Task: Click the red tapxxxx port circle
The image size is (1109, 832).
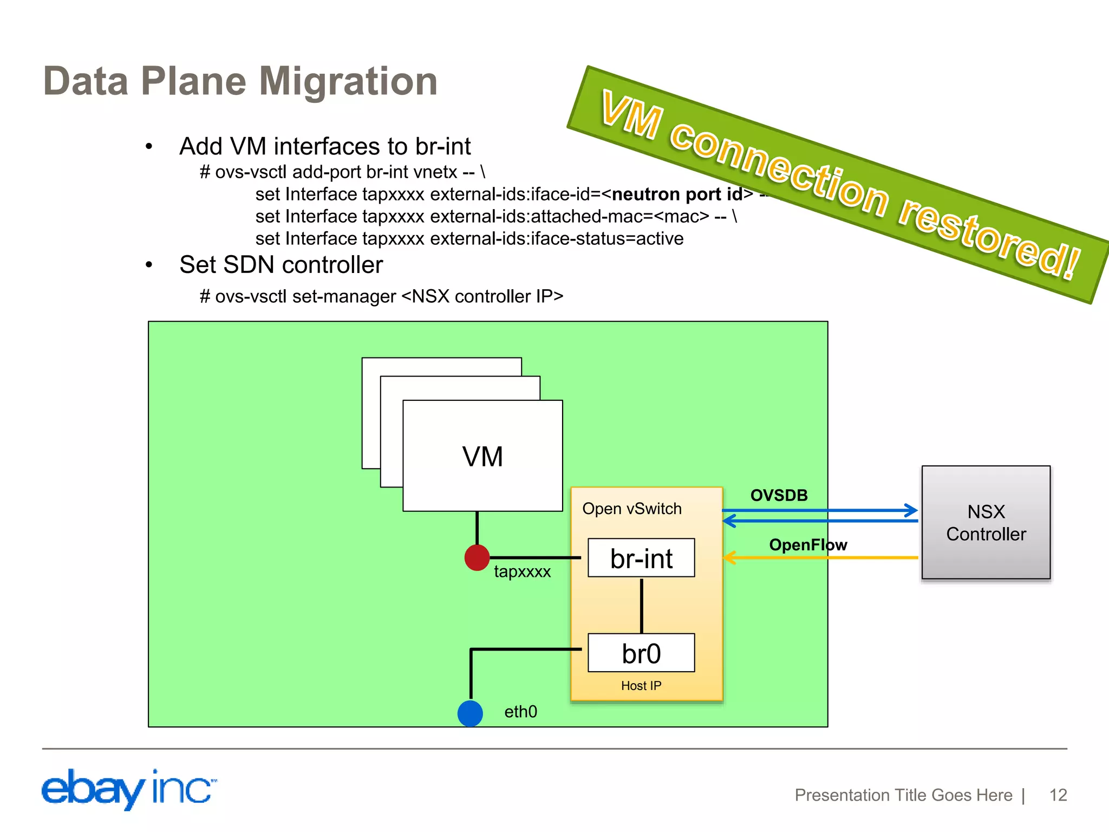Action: [477, 557]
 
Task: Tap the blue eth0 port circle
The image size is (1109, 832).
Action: [470, 713]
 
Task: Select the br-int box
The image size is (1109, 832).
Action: [641, 558]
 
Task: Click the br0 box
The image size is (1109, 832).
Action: [641, 653]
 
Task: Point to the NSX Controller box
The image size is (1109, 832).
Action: [986, 523]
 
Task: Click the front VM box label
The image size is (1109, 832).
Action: [482, 456]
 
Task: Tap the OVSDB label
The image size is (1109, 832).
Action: [779, 495]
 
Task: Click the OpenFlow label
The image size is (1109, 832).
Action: [808, 544]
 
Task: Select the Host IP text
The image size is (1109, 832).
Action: [641, 686]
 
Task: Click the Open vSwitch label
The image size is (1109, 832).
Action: [631, 509]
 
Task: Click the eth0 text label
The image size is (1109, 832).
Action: [520, 711]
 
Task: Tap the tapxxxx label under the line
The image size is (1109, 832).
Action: [522, 571]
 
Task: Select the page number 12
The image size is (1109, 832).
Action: [1058, 795]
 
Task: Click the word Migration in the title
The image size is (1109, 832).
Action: [348, 81]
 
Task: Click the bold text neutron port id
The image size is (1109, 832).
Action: [677, 194]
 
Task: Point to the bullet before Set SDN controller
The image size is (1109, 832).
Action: [149, 265]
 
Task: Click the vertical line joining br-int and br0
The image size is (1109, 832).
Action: [642, 605]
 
